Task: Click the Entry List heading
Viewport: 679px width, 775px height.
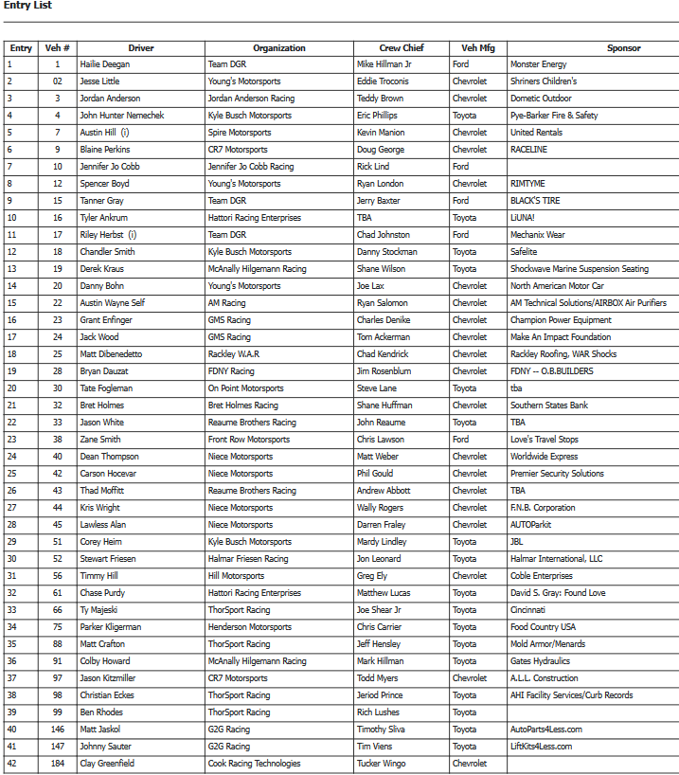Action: pyautogui.click(x=27, y=6)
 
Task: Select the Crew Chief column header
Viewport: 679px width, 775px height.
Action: pyautogui.click(x=402, y=48)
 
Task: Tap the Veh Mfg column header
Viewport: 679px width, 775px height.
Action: pyautogui.click(x=477, y=48)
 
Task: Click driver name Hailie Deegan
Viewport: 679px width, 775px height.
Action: pyautogui.click(x=105, y=64)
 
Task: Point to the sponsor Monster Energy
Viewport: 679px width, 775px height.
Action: pyautogui.click(x=538, y=64)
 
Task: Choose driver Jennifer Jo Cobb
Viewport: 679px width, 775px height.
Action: pyautogui.click(x=110, y=167)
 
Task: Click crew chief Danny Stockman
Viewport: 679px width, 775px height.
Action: pyautogui.click(x=387, y=252)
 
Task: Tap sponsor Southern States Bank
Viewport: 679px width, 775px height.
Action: pyautogui.click(x=549, y=406)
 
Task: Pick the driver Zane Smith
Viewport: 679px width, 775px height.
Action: pyautogui.click(x=100, y=440)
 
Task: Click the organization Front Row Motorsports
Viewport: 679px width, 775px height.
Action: pyautogui.click(x=249, y=440)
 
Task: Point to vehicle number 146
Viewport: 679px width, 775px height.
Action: pyautogui.click(x=58, y=730)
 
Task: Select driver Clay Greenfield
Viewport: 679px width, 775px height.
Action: pyautogui.click(x=107, y=764)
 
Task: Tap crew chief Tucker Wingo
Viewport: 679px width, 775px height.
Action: pyautogui.click(x=382, y=764)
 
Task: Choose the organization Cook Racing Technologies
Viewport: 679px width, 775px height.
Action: pyautogui.click(x=254, y=764)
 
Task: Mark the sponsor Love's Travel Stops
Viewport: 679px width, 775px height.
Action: pyautogui.click(x=545, y=440)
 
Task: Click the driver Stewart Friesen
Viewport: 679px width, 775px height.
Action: pyautogui.click(x=108, y=559)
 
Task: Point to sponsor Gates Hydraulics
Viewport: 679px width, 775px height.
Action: pyautogui.click(x=540, y=661)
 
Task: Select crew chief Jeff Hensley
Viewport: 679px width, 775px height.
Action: pyautogui.click(x=380, y=644)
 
